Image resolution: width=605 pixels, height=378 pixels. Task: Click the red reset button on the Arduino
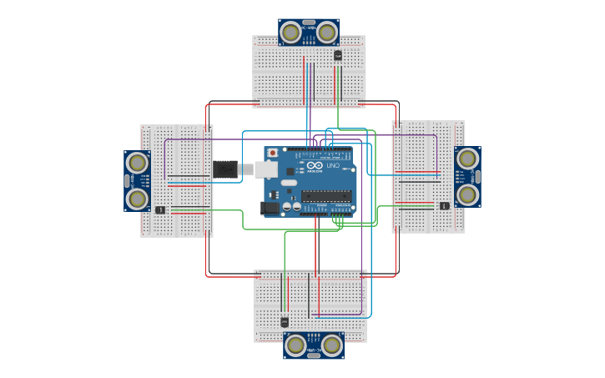coord(272,154)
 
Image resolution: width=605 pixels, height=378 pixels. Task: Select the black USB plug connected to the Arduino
coord(225,169)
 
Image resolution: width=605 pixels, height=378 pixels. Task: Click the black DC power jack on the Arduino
coord(270,208)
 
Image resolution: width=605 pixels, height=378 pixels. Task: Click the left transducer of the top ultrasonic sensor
coord(290,33)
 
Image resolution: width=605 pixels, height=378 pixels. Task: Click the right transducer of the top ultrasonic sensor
coord(327,33)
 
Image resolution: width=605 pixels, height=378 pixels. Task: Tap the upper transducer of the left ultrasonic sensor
coord(137,163)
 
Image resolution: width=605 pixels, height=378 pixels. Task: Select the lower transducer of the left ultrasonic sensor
coord(137,199)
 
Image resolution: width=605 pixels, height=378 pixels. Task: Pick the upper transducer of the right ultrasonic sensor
coord(468,158)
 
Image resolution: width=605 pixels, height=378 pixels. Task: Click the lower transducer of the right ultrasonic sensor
coord(468,194)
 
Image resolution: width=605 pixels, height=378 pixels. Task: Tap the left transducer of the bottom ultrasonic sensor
coord(295,345)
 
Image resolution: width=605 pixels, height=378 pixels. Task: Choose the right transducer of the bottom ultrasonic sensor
coord(332,345)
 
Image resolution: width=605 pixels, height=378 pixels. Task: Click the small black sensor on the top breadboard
coord(338,55)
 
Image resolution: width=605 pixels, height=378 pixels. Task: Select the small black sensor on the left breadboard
coord(159,209)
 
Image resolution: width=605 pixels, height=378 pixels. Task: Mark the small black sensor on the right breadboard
coord(445,205)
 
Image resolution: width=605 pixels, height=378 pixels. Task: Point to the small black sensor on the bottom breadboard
coord(285,321)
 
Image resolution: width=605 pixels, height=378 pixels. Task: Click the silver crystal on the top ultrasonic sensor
coord(309,23)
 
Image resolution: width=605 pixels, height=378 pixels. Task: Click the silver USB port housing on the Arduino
coord(265,169)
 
